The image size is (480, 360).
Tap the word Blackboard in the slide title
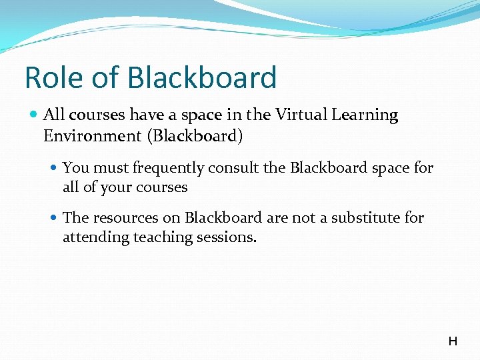click(202, 77)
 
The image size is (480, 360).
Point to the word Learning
click(366, 115)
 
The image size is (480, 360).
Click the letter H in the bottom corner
click(453, 342)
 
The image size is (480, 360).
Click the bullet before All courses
click(35, 115)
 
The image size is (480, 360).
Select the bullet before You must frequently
click(54, 168)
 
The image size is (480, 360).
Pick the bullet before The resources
click(54, 218)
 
